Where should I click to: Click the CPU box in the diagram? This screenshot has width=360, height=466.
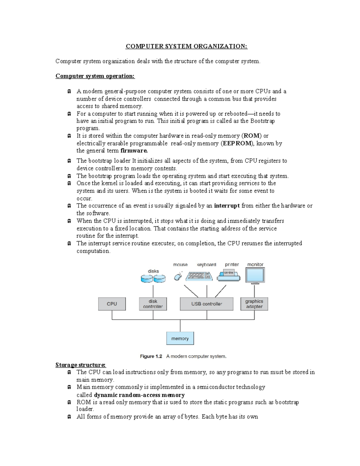(x=112, y=304)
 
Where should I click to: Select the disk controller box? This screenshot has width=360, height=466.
(x=153, y=304)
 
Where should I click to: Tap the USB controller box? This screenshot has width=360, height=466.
(x=206, y=304)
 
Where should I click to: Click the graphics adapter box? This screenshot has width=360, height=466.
(x=254, y=304)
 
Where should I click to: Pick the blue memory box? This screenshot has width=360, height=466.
(x=180, y=338)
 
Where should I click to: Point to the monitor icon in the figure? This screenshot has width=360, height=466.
(x=255, y=275)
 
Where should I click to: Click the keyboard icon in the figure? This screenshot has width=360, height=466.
(x=199, y=276)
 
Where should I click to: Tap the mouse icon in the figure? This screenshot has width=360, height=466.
(x=178, y=276)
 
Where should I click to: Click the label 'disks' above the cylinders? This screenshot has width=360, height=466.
(x=153, y=271)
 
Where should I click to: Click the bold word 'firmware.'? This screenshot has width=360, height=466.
(x=134, y=151)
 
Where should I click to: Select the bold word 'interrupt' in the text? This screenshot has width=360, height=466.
(x=227, y=206)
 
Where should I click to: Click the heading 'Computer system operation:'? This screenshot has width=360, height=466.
(x=95, y=76)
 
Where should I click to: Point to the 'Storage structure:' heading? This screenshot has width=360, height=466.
(x=80, y=365)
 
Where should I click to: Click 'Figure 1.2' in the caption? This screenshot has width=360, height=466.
(x=151, y=356)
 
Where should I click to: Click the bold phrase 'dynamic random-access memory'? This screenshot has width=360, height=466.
(x=139, y=395)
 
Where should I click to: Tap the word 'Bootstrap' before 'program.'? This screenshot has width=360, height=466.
(x=262, y=121)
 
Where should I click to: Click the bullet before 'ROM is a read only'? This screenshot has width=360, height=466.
(x=69, y=402)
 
